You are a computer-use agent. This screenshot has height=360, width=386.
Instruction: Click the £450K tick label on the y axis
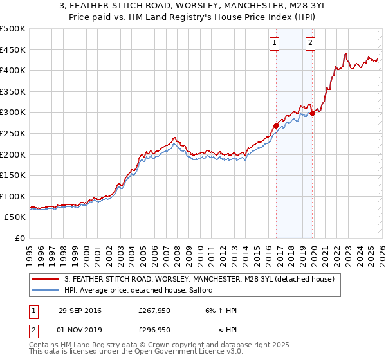[13, 50]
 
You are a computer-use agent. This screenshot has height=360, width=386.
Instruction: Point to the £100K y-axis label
[13, 196]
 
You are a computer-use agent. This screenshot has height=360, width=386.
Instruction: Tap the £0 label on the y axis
[20, 239]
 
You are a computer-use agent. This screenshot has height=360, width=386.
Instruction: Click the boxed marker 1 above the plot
[275, 43]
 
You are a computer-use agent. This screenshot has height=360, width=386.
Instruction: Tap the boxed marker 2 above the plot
[310, 43]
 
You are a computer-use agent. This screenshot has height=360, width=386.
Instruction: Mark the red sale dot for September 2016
[276, 125]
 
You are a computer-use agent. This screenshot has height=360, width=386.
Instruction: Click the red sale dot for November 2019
[312, 113]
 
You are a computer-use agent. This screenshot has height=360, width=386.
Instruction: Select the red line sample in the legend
[45, 280]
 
